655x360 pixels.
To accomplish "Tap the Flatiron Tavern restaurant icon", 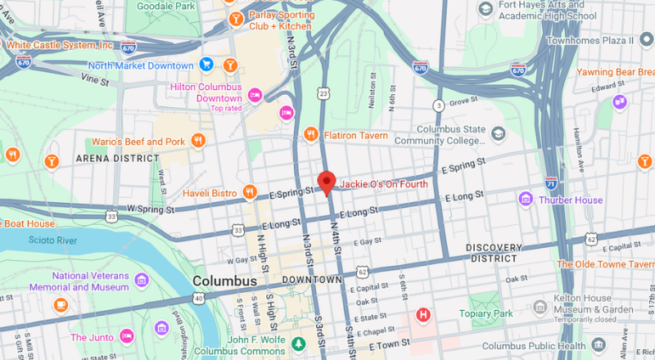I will [310, 133].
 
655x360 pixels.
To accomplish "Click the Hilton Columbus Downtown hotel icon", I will [255, 95].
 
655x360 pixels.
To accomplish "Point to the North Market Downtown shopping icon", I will [206, 65].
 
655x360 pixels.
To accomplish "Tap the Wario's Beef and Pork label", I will [138, 142].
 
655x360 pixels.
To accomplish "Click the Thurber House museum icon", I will [525, 200].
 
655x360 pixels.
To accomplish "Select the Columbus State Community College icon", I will [497, 132].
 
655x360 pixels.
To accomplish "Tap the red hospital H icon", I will [423, 314].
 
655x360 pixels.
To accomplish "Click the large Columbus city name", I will [224, 281].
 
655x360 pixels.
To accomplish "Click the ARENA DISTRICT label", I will [117, 157].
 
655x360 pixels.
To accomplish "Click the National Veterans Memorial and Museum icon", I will [142, 281].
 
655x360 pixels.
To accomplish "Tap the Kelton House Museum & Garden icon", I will [539, 307].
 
